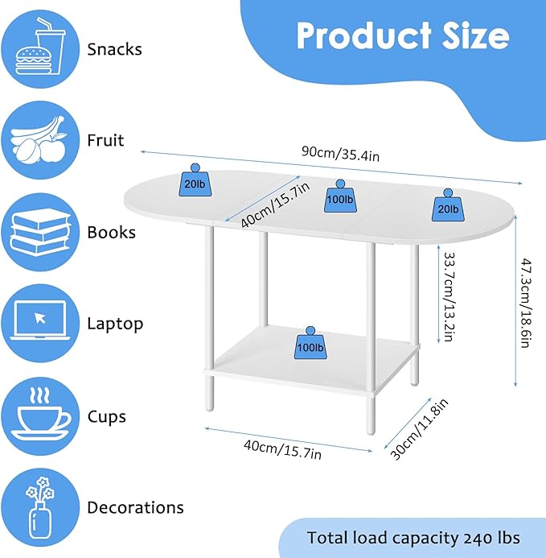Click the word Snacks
click(114, 49)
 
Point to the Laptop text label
click(115, 324)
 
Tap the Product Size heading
click(402, 36)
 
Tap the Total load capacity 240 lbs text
click(413, 538)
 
